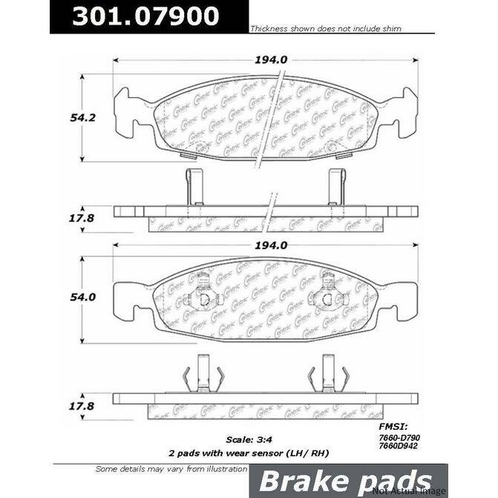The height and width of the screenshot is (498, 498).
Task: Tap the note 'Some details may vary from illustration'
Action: [171, 469]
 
